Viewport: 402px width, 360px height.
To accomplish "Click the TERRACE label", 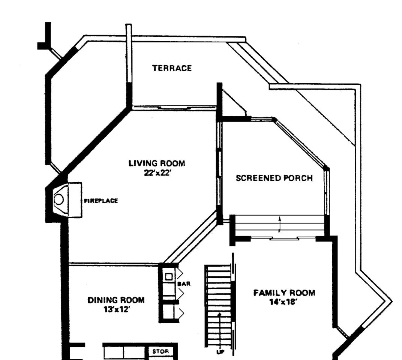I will [172, 68].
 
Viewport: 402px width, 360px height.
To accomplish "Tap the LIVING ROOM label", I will [157, 163].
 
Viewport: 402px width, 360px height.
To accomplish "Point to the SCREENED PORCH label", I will [274, 178].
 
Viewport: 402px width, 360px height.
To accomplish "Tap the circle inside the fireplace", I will [59, 199].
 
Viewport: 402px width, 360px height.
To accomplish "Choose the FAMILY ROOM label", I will [284, 293].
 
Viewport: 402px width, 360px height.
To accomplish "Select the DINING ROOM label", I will [116, 300].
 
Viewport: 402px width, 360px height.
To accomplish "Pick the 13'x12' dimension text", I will [116, 310].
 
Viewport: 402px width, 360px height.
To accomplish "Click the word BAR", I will [184, 284].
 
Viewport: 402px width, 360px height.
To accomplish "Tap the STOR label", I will [160, 352].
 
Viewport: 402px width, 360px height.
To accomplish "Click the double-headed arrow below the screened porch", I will [279, 224].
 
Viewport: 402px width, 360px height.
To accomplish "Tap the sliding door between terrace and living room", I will [174, 108].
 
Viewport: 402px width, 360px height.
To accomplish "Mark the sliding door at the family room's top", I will [284, 238].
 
